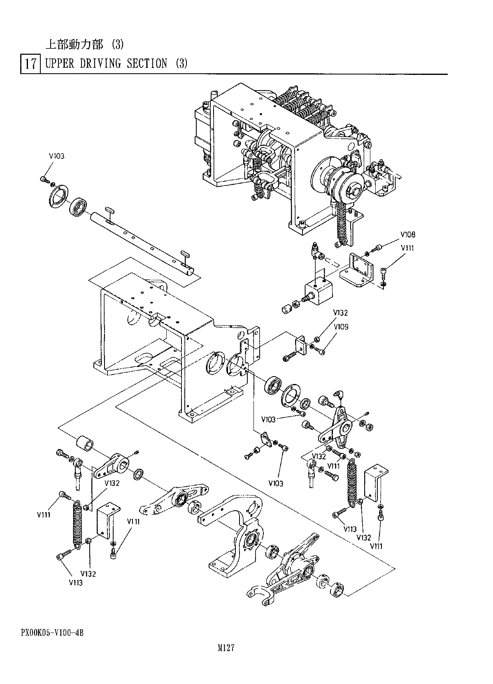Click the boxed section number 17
(30, 64)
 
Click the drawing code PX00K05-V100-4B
(52, 633)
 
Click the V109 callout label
(341, 327)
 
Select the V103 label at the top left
(56, 156)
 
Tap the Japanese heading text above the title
(84, 44)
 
